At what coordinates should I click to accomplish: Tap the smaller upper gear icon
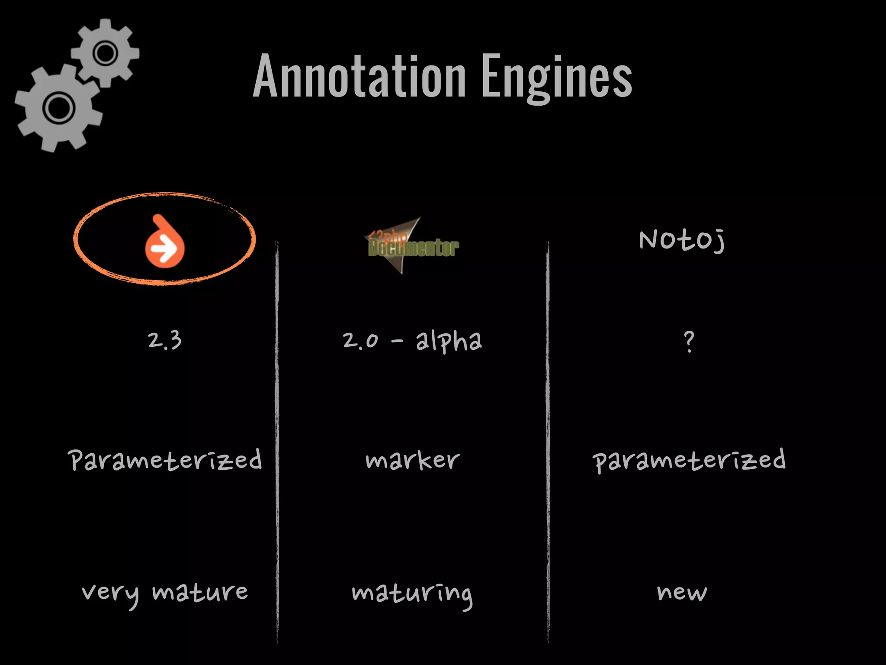click(x=105, y=53)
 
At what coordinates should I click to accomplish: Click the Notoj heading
click(x=682, y=240)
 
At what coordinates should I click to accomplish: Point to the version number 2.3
click(x=165, y=341)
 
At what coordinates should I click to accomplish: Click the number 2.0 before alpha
click(x=360, y=341)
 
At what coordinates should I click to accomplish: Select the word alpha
click(x=449, y=342)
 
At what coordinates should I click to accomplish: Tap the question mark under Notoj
click(x=689, y=342)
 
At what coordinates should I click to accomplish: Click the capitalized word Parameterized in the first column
click(x=165, y=460)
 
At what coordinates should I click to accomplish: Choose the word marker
click(x=412, y=460)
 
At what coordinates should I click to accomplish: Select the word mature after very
click(x=200, y=592)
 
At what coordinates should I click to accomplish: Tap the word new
click(x=682, y=592)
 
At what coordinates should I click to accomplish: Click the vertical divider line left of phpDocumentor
click(x=277, y=442)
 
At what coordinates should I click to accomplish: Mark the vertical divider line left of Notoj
click(x=548, y=442)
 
